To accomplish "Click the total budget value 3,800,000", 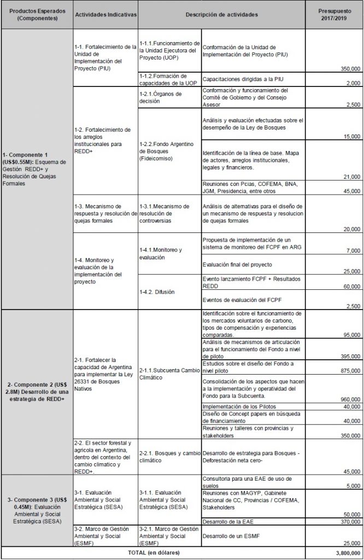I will click(347, 553).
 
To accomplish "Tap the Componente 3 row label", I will click(36, 511).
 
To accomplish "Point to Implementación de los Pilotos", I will click(239, 406).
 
